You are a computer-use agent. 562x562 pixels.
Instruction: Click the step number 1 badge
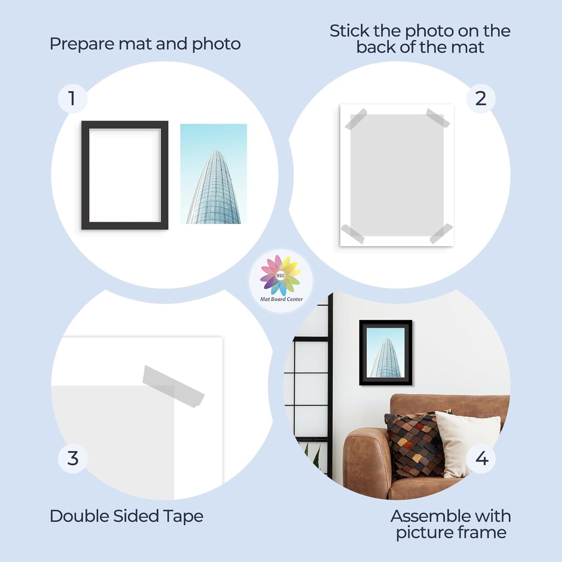click(72, 98)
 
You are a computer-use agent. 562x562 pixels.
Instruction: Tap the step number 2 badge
click(481, 98)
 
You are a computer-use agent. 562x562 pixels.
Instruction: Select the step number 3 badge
click(73, 459)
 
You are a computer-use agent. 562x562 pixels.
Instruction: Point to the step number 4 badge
click(481, 459)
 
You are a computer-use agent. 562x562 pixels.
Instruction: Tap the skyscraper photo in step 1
click(214, 174)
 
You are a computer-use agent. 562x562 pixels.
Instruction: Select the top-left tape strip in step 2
click(356, 119)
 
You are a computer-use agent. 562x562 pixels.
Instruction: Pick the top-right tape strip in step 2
click(438, 118)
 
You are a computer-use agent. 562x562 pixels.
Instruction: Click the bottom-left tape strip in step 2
click(352, 234)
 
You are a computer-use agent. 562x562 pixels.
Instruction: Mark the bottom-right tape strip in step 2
click(441, 233)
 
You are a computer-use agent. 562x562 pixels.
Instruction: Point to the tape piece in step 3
click(173, 386)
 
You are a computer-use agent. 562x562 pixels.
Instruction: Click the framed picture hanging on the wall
click(385, 352)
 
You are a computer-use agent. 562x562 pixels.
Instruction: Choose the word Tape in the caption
click(183, 516)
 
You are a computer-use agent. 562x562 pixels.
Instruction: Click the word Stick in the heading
click(349, 31)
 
